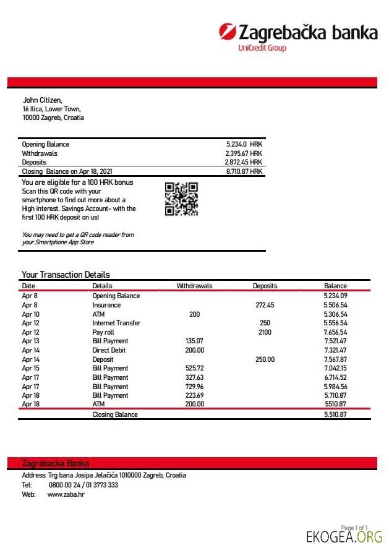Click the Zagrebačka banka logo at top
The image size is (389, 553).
click(x=298, y=33)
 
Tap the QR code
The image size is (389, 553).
click(x=181, y=199)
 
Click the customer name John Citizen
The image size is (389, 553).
click(x=43, y=100)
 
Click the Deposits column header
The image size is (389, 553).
click(x=265, y=286)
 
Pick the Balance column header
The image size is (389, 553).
click(x=335, y=286)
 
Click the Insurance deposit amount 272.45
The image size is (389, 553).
click(x=265, y=305)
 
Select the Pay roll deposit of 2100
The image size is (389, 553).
click(x=265, y=332)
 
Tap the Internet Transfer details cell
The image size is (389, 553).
click(x=116, y=323)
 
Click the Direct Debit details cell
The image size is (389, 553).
click(x=109, y=350)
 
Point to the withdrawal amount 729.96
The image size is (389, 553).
click(x=194, y=386)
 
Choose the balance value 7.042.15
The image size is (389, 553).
click(x=335, y=368)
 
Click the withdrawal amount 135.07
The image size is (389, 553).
click(x=194, y=341)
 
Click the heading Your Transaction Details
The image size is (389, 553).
click(x=66, y=275)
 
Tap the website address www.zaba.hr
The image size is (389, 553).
click(x=66, y=495)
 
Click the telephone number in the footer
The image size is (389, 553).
click(x=83, y=485)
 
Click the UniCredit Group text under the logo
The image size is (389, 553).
click(x=262, y=48)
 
